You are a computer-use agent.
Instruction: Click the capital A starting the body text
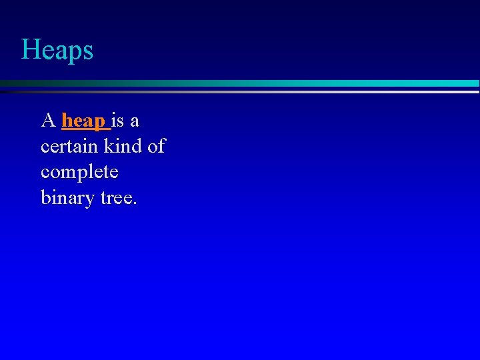[48, 121]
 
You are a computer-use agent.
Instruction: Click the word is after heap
[117, 121]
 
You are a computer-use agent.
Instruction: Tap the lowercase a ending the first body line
[135, 123]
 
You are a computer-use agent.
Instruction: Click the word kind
[122, 147]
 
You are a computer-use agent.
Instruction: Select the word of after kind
[156, 147]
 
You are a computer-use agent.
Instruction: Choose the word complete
[79, 173]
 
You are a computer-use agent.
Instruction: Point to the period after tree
[135, 203]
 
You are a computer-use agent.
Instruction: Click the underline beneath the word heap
[85, 128]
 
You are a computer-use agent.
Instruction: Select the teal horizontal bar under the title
[267, 83]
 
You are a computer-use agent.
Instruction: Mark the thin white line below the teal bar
[267, 91]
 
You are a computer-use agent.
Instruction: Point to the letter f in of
[161, 146]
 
